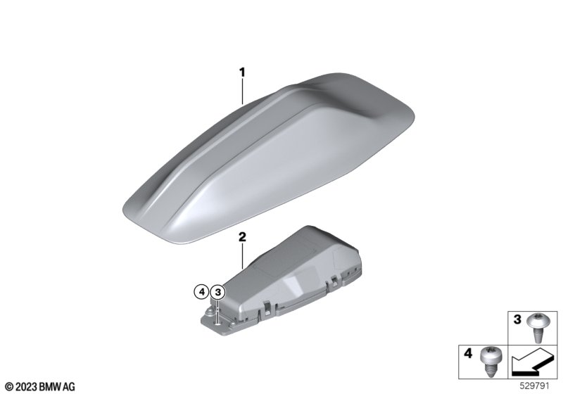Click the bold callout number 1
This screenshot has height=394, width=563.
click(242, 72)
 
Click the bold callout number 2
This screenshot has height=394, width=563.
click(242, 237)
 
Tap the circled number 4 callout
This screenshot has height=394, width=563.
click(201, 292)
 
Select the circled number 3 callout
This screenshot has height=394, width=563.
click(217, 293)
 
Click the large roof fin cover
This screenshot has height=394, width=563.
click(270, 158)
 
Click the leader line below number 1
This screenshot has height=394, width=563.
click(242, 91)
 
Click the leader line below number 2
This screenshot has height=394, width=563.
click(242, 256)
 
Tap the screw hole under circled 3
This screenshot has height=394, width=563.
click(217, 324)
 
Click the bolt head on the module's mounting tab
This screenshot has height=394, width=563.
click(208, 312)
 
